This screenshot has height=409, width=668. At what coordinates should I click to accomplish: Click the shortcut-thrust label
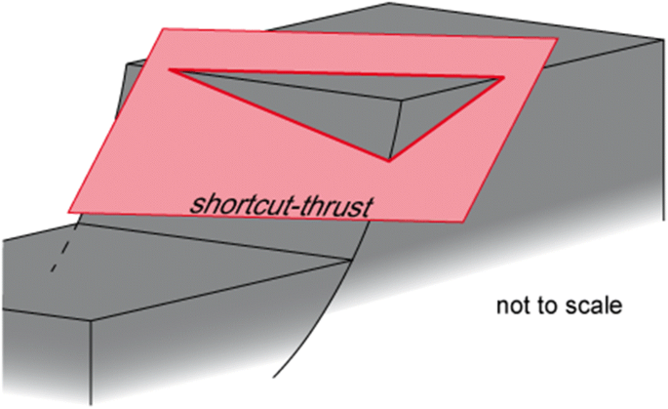(x=284, y=204)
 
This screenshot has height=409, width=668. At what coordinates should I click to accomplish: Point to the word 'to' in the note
(x=541, y=307)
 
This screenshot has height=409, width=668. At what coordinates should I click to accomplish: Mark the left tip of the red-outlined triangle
(x=171, y=70)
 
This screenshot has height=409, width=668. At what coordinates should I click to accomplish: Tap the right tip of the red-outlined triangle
(x=503, y=77)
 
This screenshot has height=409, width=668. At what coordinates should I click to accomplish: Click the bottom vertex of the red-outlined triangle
(x=390, y=161)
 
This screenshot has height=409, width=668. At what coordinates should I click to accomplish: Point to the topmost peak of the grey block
(x=390, y=4)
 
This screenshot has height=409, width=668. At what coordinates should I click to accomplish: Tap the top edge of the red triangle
(x=336, y=73)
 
